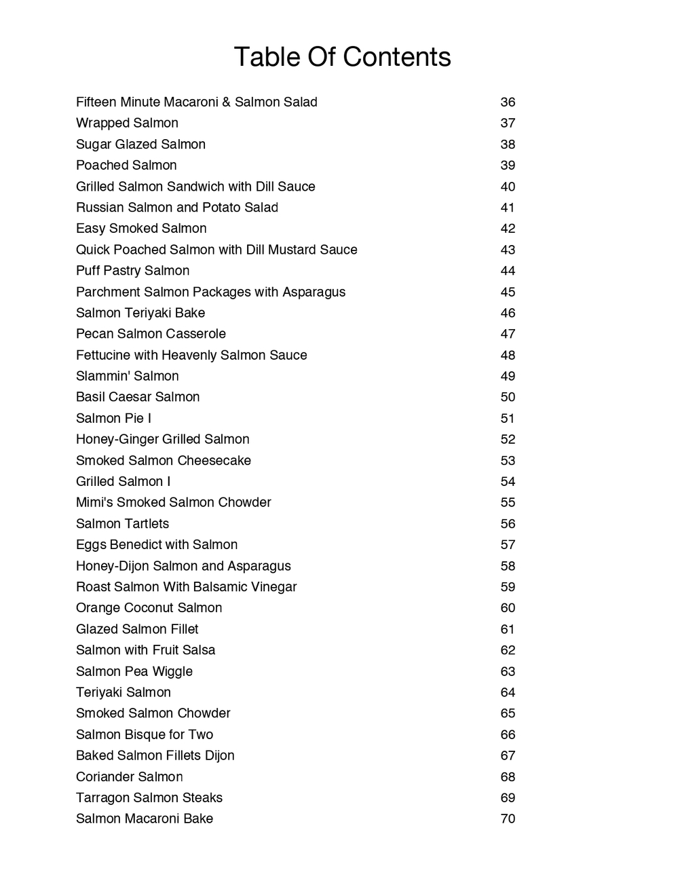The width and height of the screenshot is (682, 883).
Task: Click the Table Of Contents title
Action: tap(342, 57)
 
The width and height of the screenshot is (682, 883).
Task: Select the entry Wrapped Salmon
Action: tap(127, 123)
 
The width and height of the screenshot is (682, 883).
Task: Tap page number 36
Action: tap(508, 102)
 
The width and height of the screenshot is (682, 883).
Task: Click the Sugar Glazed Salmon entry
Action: tap(140, 144)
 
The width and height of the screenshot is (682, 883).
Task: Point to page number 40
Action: tap(508, 187)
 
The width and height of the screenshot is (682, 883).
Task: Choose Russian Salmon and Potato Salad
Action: tap(177, 208)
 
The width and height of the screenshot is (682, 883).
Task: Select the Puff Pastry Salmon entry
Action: tap(132, 271)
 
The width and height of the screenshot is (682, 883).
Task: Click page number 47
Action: tap(508, 334)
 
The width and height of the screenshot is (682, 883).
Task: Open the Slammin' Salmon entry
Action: tap(128, 376)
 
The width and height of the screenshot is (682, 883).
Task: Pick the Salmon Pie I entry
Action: tap(113, 418)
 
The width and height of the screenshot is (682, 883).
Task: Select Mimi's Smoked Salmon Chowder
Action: tap(173, 502)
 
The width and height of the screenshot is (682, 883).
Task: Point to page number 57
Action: tap(508, 545)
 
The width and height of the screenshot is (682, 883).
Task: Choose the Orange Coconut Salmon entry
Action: tap(149, 608)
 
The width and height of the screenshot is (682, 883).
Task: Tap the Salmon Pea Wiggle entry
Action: tap(134, 671)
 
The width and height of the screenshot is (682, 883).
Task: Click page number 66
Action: tap(508, 734)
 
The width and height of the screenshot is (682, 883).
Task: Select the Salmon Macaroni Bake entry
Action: tap(145, 819)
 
